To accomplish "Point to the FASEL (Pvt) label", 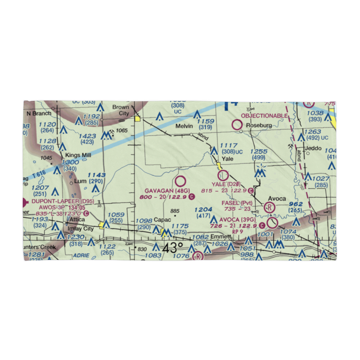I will click(237, 203).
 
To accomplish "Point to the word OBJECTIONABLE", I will click(264, 116).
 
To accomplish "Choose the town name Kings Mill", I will click(78, 155).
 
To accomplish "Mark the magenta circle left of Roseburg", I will click(237, 125).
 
